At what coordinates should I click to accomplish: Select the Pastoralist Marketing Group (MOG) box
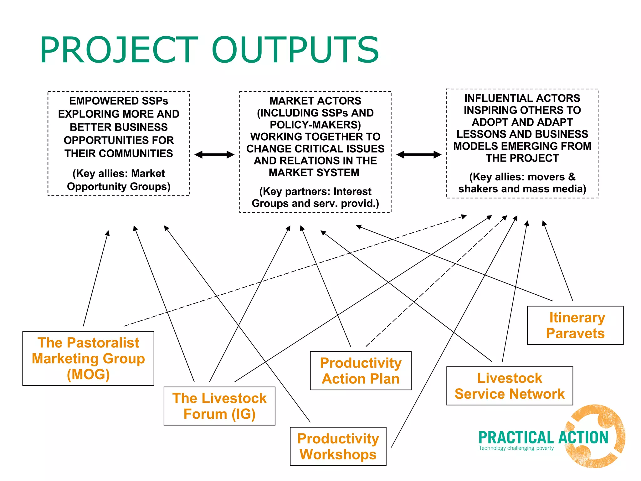point(88,358)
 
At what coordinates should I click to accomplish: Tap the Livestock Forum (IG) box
point(219,406)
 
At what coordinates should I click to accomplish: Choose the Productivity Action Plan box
point(361,371)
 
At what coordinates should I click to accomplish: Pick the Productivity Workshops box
point(338,446)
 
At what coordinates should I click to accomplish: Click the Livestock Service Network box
point(510,386)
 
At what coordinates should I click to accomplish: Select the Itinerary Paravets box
point(575,325)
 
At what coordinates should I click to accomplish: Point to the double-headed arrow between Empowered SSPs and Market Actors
point(214,154)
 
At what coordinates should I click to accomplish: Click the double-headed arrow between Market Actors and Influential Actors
point(419,154)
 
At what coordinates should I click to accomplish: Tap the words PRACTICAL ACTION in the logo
point(543,437)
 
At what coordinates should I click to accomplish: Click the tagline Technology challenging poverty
point(516,448)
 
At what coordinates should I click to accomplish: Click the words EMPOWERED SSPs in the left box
point(119,101)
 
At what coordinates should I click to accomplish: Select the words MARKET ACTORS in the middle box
point(315,101)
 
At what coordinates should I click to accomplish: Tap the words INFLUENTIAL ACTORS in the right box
point(522,98)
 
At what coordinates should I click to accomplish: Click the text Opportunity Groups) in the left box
point(119,187)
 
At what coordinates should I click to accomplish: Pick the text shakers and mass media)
point(522,189)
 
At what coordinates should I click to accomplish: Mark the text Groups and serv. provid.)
point(315,204)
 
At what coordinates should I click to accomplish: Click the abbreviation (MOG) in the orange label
point(88,375)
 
